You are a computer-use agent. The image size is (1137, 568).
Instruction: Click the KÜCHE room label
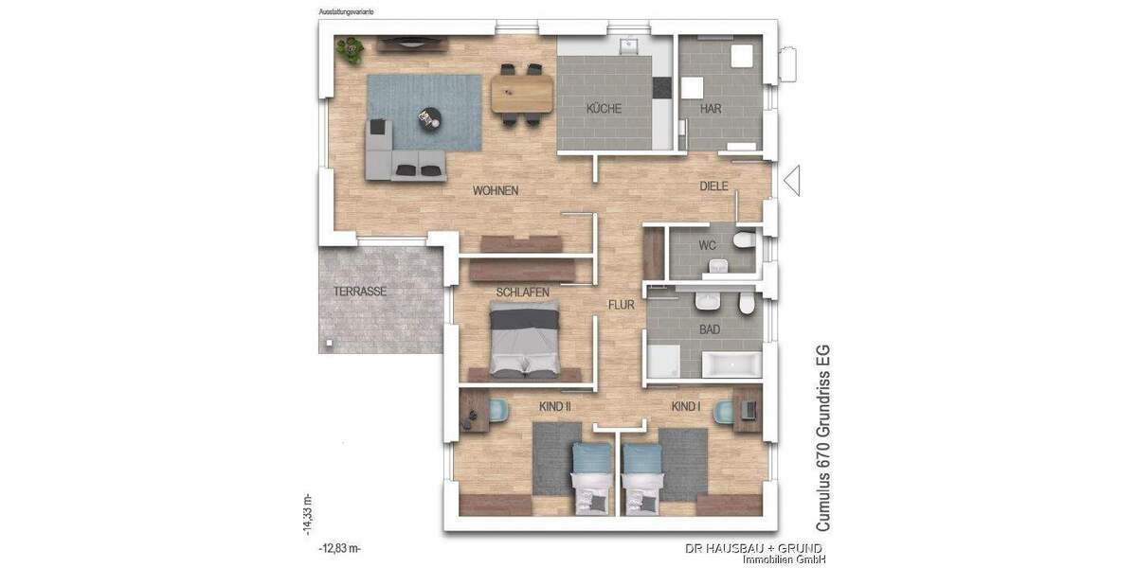[x=604, y=109]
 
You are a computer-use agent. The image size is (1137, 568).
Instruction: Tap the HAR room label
[x=711, y=109]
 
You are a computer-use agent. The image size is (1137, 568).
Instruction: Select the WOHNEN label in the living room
[x=496, y=191]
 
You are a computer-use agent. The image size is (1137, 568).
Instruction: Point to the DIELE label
[x=713, y=186]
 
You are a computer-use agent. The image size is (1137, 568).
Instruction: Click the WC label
[x=708, y=245]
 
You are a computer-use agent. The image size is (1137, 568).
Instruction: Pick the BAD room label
[x=709, y=329]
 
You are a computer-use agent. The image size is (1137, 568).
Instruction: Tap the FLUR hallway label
[x=621, y=305]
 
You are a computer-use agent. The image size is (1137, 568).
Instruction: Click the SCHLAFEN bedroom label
[x=522, y=293]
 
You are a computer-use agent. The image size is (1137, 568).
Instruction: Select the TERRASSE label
[x=359, y=292]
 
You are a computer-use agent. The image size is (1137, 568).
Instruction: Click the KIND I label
[x=685, y=406]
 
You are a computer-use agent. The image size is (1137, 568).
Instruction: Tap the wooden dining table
[x=521, y=93]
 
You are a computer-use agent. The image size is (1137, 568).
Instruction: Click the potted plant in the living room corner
[x=349, y=47]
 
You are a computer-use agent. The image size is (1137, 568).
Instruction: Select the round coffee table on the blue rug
[x=431, y=116]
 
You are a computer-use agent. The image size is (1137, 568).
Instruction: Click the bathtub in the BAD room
[x=730, y=364]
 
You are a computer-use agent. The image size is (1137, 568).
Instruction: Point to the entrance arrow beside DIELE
[x=791, y=180]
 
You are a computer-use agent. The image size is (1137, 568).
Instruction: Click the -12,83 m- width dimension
[x=341, y=548]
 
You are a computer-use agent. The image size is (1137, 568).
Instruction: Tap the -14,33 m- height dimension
[x=307, y=515]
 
